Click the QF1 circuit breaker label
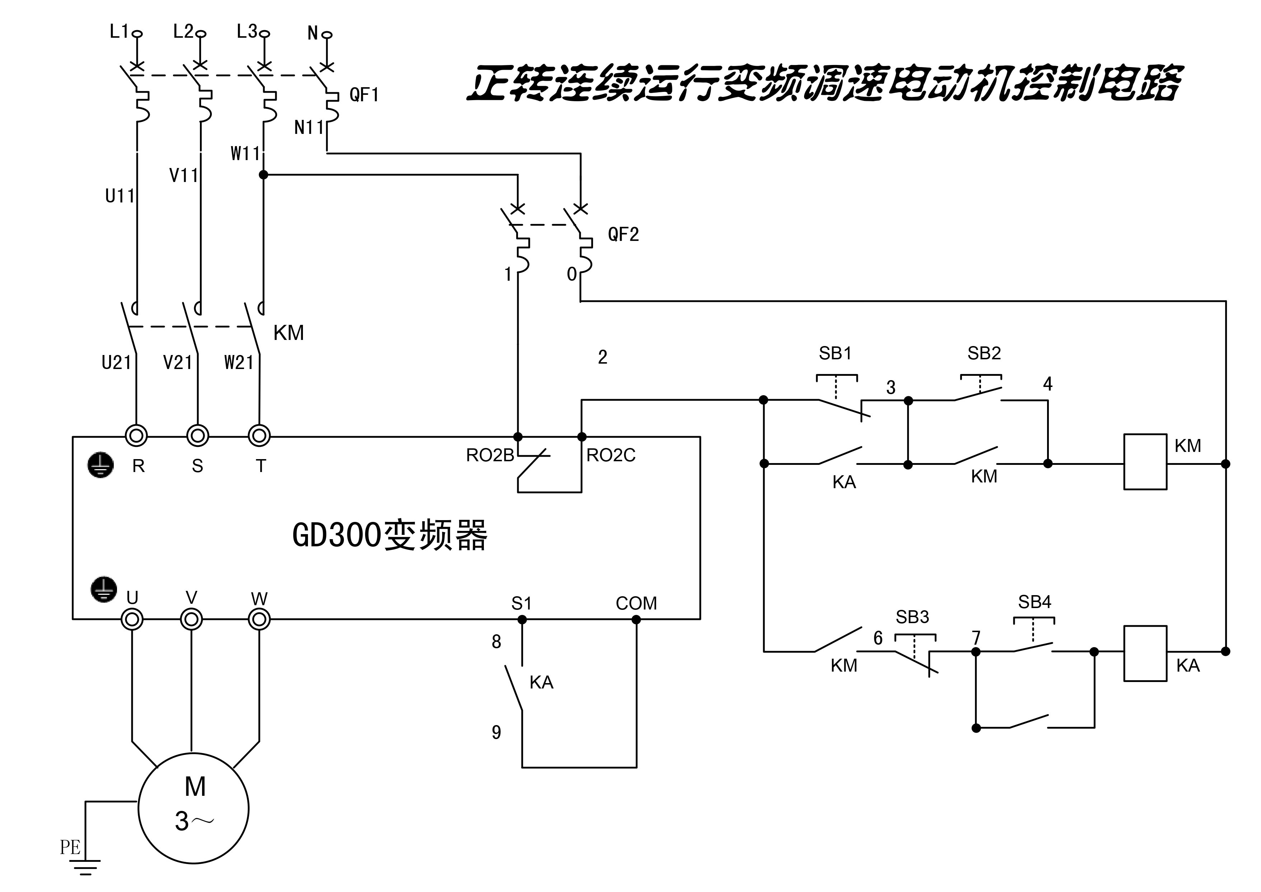[364, 95]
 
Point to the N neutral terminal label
[313, 33]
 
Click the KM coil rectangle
[1145, 462]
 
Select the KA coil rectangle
[1145, 654]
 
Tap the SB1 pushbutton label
[835, 353]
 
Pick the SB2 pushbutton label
[984, 353]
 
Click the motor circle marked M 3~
[193, 808]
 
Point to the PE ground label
[70, 847]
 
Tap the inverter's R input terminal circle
[136, 436]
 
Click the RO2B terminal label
[490, 456]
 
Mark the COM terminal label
[636, 603]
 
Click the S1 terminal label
[521, 604]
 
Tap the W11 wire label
[245, 154]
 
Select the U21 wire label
[116, 363]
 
